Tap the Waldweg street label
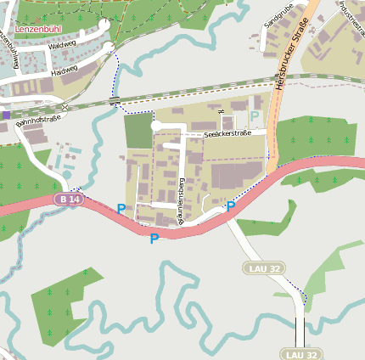63,43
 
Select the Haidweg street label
65,69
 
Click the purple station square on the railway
6,114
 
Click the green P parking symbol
255,115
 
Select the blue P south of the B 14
154,239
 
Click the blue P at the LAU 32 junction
230,206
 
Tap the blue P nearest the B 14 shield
121,209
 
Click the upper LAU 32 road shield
260,268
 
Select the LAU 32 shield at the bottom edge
301,354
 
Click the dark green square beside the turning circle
137,131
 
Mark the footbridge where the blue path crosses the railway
114,100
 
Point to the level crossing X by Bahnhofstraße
65,107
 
